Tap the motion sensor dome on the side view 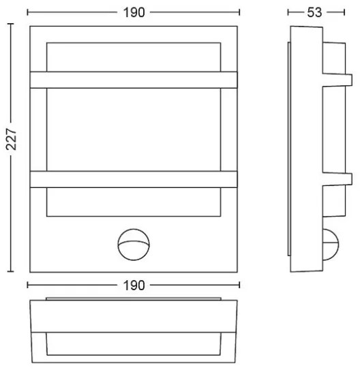tap(332, 245)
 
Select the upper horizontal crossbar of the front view tap(134, 80)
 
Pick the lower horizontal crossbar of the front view tap(134, 179)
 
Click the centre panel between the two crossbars tap(134, 129)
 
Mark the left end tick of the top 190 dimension tap(29, 12)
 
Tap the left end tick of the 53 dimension tap(288, 12)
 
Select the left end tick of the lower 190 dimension tap(29, 285)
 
